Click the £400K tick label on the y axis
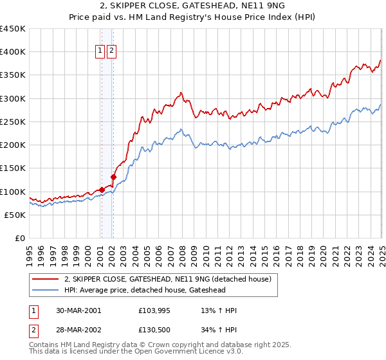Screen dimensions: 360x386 point(12,52)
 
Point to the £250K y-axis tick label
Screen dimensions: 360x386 point(12,122)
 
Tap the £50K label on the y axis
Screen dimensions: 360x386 point(14,215)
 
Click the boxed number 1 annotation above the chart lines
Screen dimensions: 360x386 point(101,52)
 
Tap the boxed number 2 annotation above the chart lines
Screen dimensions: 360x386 point(111,52)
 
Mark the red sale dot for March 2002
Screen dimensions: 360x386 point(113,177)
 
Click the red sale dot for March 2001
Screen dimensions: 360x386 point(102,190)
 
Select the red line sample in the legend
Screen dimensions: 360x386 point(46,279)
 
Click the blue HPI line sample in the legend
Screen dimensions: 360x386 point(46,290)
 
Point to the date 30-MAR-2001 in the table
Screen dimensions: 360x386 point(78,310)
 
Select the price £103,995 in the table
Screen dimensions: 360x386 point(153,310)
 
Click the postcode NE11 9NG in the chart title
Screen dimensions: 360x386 point(233,8)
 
